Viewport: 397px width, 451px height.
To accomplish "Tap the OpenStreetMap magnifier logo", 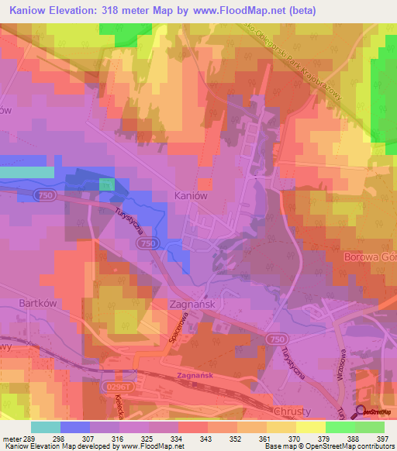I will coord(361,411).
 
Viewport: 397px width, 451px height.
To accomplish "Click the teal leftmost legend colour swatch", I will coord(46,427).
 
